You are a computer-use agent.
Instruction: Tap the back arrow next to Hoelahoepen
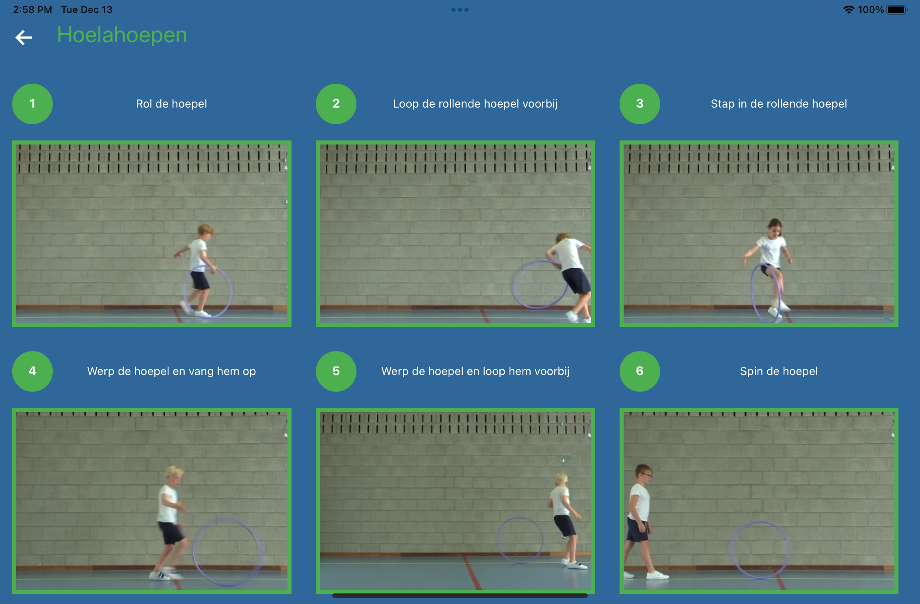(24, 37)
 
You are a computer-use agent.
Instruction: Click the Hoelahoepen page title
(122, 35)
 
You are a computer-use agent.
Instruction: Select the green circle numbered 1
(32, 104)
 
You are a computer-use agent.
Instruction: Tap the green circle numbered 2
(336, 104)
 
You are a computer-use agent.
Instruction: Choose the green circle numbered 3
(640, 104)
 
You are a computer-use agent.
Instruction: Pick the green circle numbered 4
(32, 371)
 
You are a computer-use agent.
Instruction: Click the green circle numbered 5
(336, 371)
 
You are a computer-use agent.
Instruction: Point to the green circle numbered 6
(640, 371)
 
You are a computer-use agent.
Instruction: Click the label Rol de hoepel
(171, 104)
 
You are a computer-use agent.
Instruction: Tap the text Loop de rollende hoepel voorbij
(475, 104)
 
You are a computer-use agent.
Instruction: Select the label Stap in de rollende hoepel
(779, 104)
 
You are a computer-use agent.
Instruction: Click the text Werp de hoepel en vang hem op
(171, 371)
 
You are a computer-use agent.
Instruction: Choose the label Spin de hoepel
(779, 371)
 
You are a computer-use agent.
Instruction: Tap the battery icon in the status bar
(897, 10)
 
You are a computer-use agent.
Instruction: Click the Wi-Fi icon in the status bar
(849, 10)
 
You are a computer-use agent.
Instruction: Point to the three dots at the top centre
(460, 10)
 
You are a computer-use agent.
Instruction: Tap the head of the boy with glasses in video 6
(644, 474)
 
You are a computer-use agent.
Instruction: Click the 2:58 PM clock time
(32, 10)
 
